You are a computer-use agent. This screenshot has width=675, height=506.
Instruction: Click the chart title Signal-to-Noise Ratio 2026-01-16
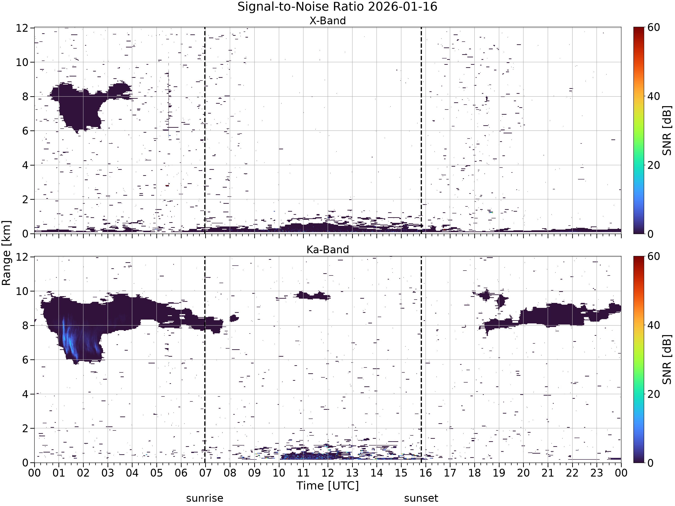tap(337, 7)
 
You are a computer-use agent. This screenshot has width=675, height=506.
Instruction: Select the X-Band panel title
tap(328, 21)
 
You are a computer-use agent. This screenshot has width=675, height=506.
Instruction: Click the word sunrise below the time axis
tap(205, 498)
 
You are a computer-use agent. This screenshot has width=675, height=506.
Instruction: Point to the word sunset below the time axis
tap(421, 498)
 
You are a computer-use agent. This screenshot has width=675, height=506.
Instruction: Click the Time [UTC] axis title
tap(328, 486)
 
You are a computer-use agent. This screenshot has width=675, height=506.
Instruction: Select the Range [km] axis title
tap(6, 253)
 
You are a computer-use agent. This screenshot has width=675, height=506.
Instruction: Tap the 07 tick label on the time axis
tap(205, 473)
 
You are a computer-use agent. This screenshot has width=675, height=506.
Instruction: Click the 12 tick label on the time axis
tap(328, 473)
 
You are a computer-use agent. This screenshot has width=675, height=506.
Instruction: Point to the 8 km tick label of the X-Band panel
tap(25, 97)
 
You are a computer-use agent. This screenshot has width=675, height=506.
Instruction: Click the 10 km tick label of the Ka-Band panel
tap(22, 291)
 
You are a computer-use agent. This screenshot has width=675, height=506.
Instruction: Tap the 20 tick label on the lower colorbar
tap(654, 394)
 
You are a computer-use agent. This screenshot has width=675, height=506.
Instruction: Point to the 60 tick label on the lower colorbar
tap(654, 256)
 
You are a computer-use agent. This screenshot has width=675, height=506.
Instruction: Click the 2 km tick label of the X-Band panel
tap(25, 199)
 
